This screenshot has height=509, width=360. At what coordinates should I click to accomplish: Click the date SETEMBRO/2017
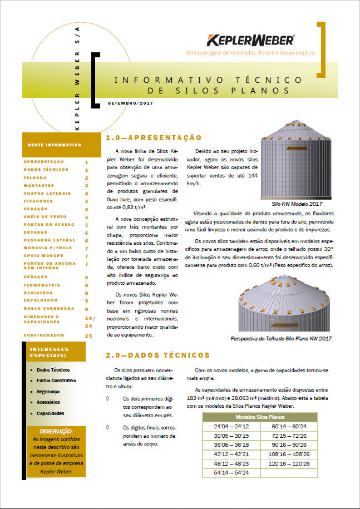click(x=130, y=103)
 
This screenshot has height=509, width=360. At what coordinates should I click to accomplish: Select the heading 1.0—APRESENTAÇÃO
click(x=153, y=137)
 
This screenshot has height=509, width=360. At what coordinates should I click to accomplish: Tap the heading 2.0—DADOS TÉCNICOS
click(x=158, y=355)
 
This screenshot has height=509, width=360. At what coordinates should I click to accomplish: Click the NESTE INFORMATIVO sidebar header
click(x=55, y=145)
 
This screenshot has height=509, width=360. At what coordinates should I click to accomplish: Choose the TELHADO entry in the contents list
click(x=35, y=177)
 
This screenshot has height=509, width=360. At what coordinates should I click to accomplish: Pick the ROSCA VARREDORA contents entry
click(x=49, y=308)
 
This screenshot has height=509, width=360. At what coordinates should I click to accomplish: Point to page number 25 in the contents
click(x=88, y=336)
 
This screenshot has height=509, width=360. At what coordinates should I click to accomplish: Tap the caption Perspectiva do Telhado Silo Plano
click(x=281, y=338)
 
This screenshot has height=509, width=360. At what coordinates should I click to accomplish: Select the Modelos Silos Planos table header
click(x=260, y=417)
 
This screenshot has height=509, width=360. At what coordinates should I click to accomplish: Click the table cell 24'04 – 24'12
click(x=231, y=426)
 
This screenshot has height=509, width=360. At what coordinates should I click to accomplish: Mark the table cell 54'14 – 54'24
click(x=231, y=473)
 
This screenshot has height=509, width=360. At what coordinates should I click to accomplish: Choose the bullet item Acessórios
click(x=49, y=402)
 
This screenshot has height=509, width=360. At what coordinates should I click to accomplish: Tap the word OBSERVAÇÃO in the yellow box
click(x=56, y=431)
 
